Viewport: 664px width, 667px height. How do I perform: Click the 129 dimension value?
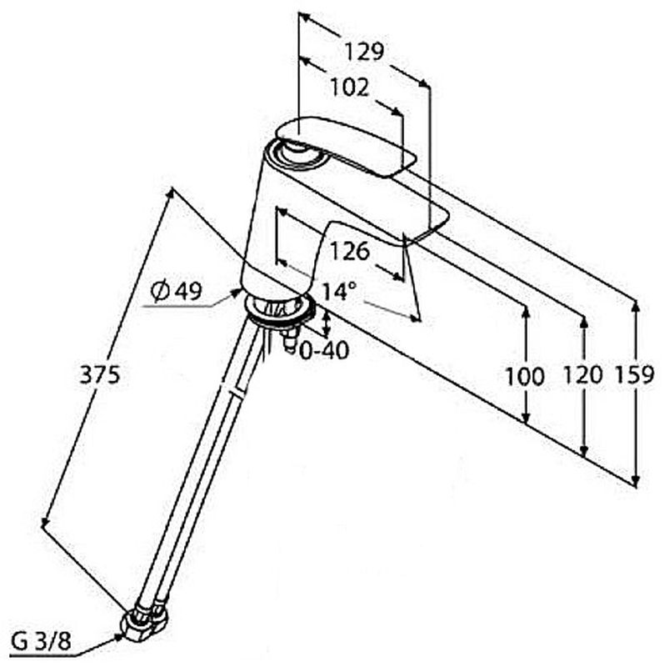[x=364, y=52]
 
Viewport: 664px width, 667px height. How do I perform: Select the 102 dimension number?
[x=349, y=88]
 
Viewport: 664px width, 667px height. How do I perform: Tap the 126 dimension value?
[x=350, y=251]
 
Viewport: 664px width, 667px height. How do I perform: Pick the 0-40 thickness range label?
[x=325, y=350]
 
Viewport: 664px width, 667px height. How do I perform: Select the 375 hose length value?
[x=100, y=375]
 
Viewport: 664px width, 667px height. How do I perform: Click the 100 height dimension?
[x=524, y=377]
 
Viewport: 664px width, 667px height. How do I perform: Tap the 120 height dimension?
[x=583, y=375]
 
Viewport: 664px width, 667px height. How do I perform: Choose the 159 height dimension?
[x=634, y=375]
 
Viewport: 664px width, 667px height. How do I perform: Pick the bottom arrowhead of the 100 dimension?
[x=527, y=419]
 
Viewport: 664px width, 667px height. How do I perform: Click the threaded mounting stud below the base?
[x=291, y=340]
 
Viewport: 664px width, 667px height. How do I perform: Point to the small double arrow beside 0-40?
[x=327, y=323]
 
